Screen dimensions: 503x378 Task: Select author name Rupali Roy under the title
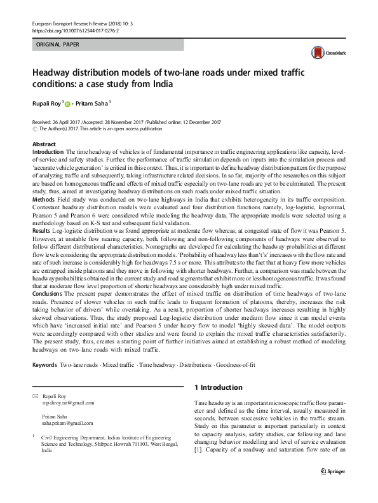[x=51, y=102]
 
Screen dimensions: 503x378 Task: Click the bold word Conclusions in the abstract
[x=48, y=311]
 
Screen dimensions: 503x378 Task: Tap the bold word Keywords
[x=44, y=366]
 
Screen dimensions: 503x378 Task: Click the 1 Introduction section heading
[x=218, y=387]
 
